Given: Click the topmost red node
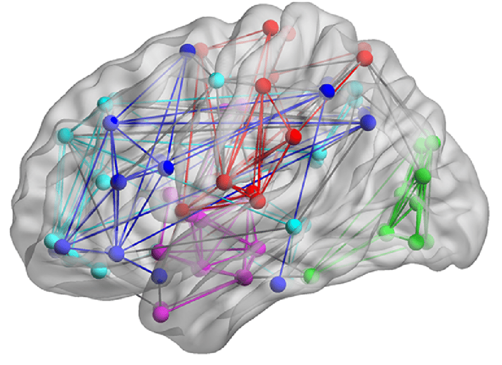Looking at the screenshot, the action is [x=270, y=27].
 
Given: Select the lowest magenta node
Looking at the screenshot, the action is [x=161, y=311].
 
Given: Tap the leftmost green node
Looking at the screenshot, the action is [x=309, y=275].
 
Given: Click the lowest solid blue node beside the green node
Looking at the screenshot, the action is [x=278, y=285].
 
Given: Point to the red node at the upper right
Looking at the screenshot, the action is [x=366, y=58].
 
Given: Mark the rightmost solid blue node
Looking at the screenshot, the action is [x=368, y=122].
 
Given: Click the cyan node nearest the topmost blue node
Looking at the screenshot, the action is [x=217, y=79].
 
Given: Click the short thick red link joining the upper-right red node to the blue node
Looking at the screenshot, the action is [x=347, y=74].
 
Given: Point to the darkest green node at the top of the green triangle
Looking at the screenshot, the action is [x=422, y=175].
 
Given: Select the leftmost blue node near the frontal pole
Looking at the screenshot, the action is [x=62, y=248].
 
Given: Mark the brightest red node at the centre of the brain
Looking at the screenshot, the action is [x=252, y=191].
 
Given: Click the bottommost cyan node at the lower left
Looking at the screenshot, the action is [x=100, y=272].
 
